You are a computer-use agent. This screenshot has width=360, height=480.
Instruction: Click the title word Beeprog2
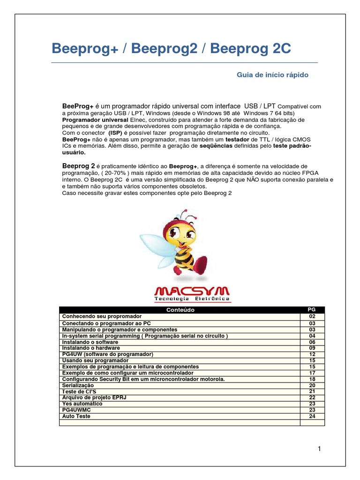point(158,49)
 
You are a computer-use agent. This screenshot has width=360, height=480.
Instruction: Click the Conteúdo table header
point(180,310)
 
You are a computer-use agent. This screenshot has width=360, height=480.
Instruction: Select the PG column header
point(312,310)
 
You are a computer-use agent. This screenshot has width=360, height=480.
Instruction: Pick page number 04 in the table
point(312,336)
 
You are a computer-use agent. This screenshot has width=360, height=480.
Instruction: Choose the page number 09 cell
point(312,348)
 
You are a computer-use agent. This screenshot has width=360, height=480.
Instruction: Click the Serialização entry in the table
point(78,385)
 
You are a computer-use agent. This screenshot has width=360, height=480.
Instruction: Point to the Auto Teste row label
point(76,416)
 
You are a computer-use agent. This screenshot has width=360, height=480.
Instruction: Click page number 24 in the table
point(312,416)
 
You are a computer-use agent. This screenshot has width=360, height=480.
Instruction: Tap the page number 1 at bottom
point(319,449)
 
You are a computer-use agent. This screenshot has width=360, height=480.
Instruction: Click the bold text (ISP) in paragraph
point(115,133)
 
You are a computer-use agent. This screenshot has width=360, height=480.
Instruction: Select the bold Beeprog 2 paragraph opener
point(79,166)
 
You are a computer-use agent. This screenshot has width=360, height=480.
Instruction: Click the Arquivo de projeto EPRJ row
point(94,397)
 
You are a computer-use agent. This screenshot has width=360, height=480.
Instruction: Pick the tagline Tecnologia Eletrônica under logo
point(192,299)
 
